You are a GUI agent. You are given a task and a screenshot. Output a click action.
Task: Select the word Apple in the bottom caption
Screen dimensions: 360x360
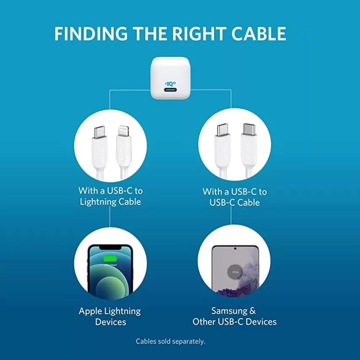[90, 312]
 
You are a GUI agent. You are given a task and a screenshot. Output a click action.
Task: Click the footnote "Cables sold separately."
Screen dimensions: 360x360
[170, 341]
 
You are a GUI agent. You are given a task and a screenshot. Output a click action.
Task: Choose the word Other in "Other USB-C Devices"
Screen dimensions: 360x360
[206, 322]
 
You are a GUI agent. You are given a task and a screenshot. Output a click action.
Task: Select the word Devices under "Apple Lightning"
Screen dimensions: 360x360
[110, 322]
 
